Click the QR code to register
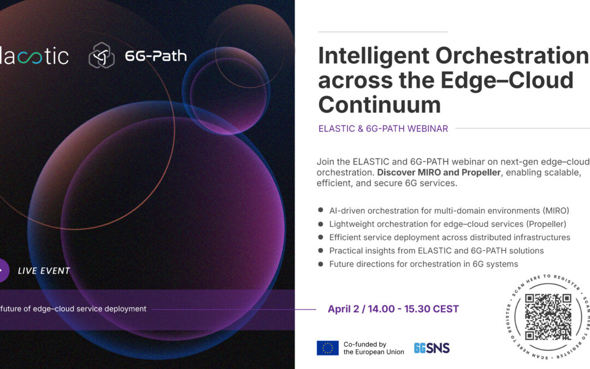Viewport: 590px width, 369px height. coord(547,317)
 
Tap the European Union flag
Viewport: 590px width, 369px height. coord(327,348)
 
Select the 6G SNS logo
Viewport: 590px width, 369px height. coord(432,348)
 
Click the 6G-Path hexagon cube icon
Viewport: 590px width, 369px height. coord(102,56)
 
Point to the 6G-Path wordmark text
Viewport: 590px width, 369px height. coord(156,56)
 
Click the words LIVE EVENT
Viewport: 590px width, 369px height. coord(44,271)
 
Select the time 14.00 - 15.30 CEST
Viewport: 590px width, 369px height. coord(415,309)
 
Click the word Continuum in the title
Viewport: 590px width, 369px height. coord(379,104)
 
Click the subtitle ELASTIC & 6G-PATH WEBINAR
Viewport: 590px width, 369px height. coord(383,129)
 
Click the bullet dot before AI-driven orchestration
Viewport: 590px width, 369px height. coord(320,210)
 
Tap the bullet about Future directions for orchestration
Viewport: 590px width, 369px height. coord(423,264)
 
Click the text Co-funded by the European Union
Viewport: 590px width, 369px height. coord(374,348)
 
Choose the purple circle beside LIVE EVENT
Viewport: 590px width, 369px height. coord(3,271)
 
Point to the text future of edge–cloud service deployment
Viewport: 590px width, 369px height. coord(73,309)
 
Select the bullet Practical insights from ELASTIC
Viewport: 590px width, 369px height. coord(436,251)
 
